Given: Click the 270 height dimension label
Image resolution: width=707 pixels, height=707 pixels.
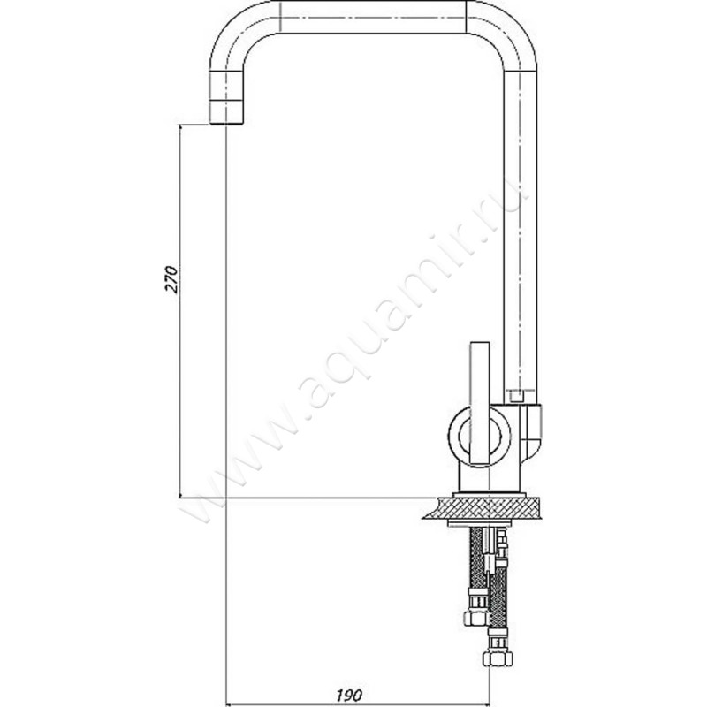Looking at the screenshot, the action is (x=172, y=279).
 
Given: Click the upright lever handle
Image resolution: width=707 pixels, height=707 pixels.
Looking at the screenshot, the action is (x=480, y=403).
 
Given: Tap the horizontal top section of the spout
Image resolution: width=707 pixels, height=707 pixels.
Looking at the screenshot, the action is (x=373, y=17).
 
